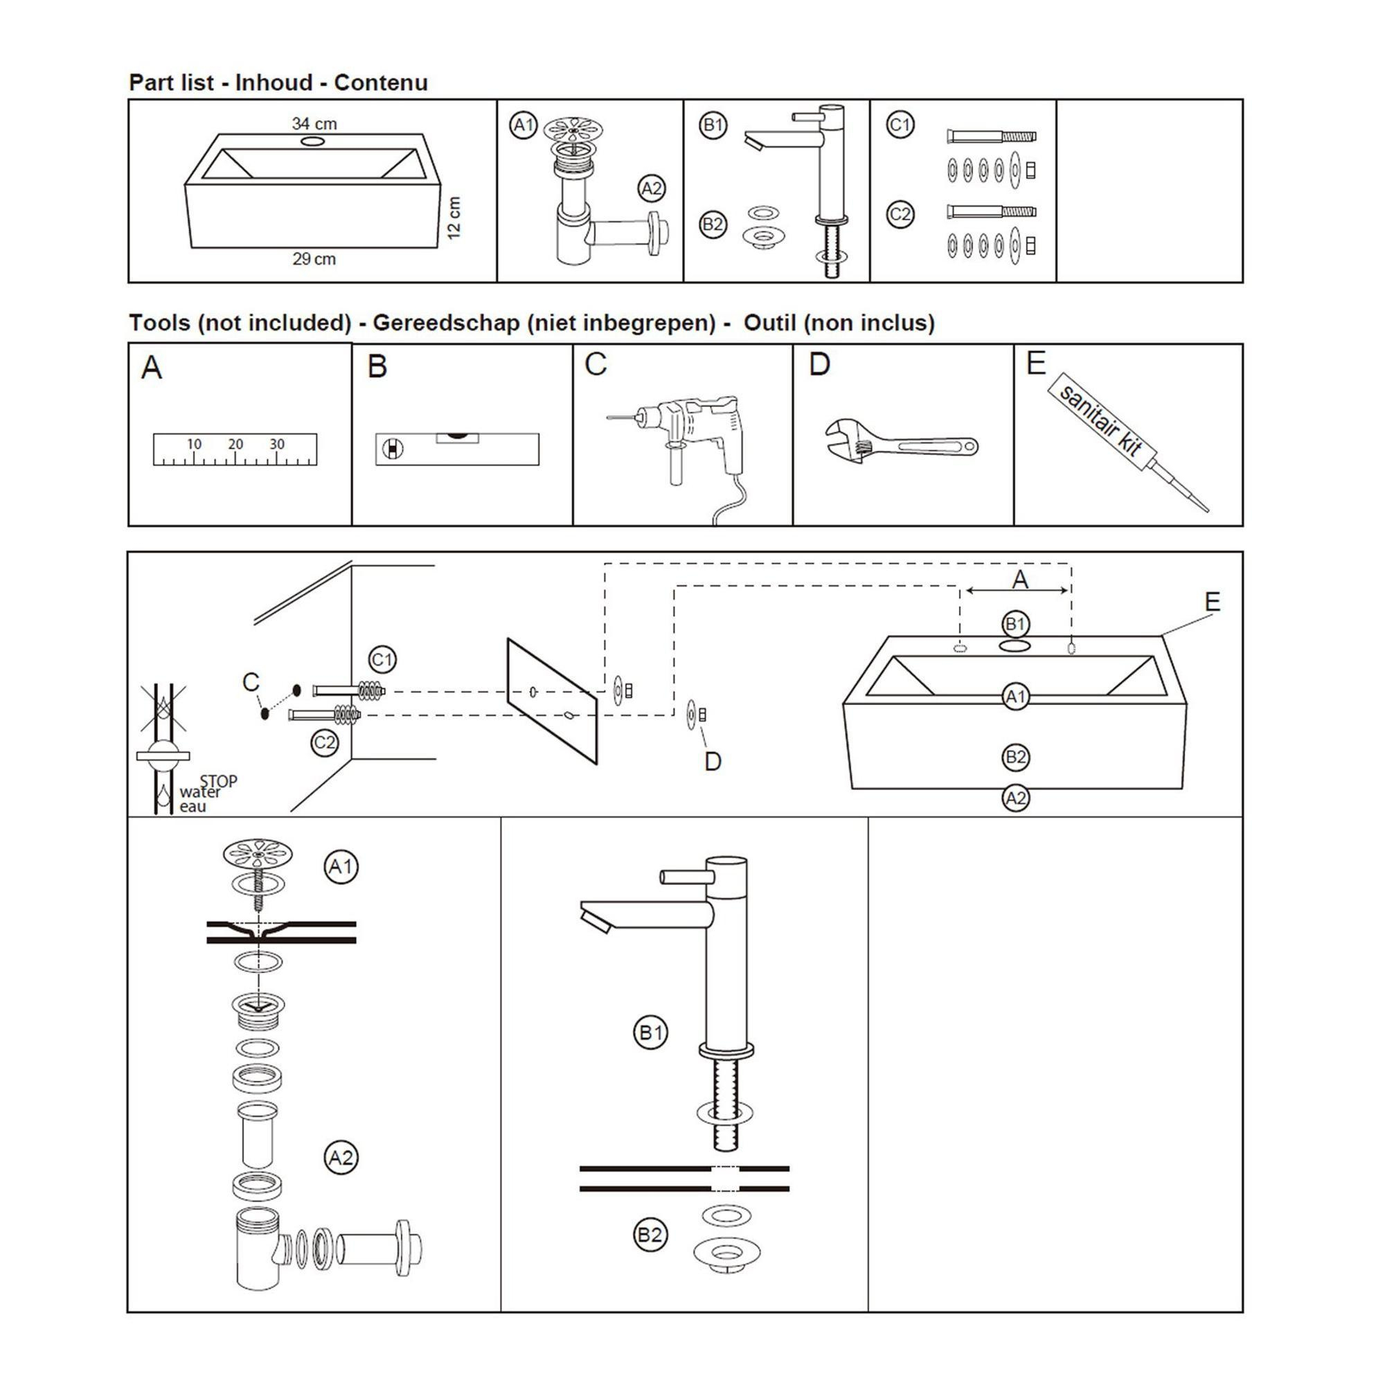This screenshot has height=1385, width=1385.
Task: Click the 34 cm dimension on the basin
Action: tap(314, 123)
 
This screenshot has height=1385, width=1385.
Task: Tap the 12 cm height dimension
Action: tap(454, 218)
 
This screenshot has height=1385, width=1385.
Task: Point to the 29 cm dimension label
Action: tap(314, 259)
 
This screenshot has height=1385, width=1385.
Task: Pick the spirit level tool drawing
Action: tap(457, 448)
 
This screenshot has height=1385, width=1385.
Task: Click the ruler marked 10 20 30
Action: tap(235, 449)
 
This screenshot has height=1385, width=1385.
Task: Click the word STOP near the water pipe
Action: tap(218, 780)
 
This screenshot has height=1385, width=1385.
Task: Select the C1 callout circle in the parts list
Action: tap(900, 125)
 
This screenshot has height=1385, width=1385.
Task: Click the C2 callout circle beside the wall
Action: tap(325, 742)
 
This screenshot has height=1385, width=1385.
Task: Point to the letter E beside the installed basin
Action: tap(1213, 602)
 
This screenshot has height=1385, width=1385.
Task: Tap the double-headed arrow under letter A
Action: tap(1017, 590)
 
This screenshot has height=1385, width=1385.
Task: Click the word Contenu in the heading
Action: tap(381, 82)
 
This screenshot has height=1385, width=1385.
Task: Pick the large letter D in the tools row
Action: tap(819, 364)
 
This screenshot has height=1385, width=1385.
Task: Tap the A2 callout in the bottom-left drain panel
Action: tap(341, 1157)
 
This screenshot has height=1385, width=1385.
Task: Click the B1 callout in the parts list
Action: tap(713, 125)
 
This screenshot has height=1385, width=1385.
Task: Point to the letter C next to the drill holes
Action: tap(251, 681)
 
